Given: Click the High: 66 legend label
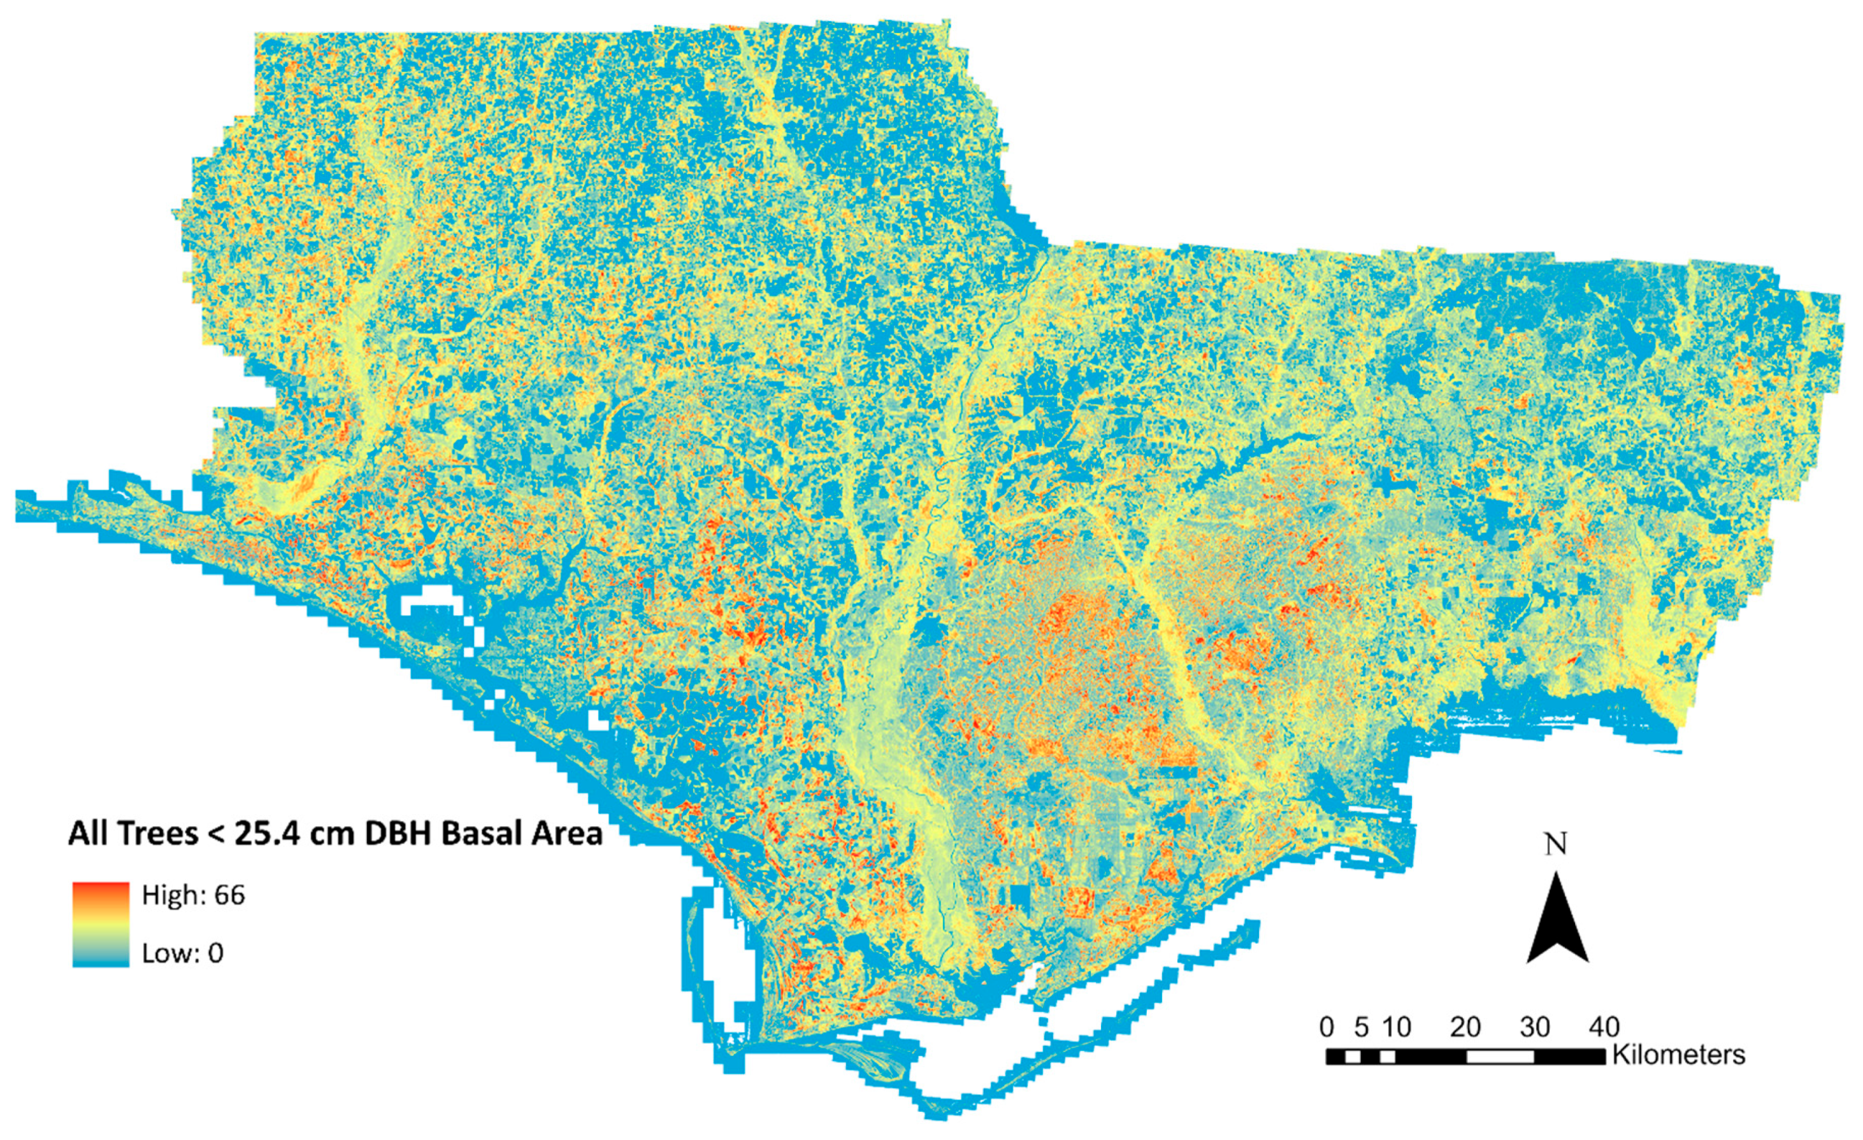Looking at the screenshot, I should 194,896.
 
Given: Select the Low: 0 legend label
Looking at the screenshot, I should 183,953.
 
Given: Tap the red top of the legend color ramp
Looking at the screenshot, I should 101,890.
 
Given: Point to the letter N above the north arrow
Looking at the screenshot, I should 1556,844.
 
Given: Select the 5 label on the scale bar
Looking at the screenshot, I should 1362,1027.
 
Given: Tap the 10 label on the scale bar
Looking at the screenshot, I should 1397,1027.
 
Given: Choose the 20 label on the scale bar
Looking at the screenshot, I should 1465,1027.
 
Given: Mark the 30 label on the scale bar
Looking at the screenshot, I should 1535,1027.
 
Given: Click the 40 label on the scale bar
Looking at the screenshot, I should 1604,1027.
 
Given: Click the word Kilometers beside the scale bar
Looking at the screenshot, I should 1678,1055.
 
